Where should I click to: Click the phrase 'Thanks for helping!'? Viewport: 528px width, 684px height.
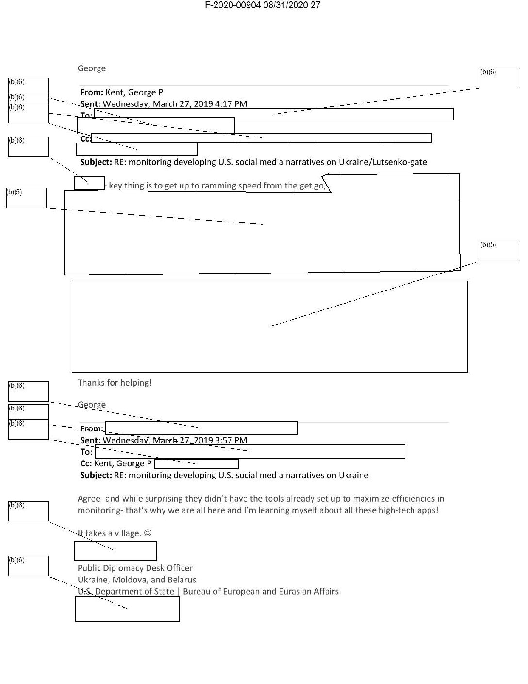pos(115,383)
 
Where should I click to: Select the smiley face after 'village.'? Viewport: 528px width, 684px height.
pos(148,533)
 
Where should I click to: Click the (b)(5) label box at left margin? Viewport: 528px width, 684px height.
pos(26,198)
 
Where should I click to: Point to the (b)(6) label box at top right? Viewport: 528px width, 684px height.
pos(500,78)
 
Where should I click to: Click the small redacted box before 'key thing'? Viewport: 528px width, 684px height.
pos(89,183)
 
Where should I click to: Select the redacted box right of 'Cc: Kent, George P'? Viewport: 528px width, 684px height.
pos(196,464)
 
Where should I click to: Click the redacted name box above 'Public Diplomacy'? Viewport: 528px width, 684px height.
pos(115,551)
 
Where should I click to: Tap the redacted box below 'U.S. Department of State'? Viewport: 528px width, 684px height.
pos(127,609)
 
